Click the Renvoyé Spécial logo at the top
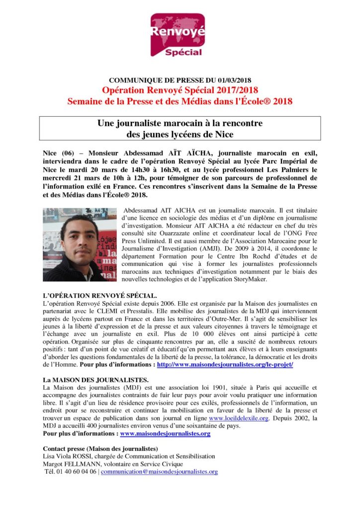pyautogui.click(x=180, y=35)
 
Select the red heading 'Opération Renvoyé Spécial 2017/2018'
pyautogui.click(x=180, y=90)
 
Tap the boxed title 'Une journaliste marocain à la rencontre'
pyautogui.click(x=180, y=123)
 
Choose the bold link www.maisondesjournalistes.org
pyautogui.click(x=165, y=433)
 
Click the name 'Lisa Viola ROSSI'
pyautogui.click(x=67, y=456)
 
